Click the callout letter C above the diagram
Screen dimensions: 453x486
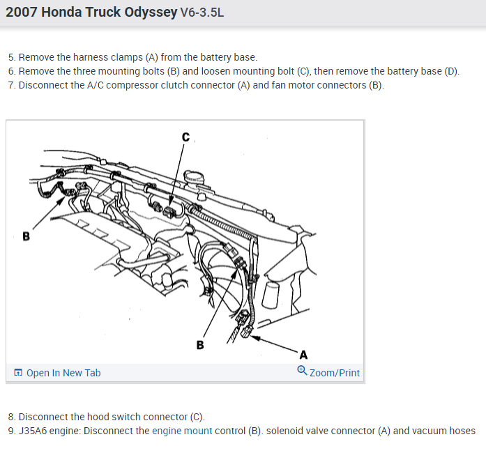185,137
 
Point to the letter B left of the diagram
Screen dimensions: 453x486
26,236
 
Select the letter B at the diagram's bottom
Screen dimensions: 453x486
200,344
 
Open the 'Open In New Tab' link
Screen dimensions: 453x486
63,373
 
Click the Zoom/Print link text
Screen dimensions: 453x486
335,373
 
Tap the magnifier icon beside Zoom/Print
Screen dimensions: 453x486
302,372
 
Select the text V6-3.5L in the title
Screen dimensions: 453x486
202,13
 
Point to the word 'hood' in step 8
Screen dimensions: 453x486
82,417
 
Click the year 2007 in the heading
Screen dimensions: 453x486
22,13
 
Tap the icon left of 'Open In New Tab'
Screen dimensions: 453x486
18,373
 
